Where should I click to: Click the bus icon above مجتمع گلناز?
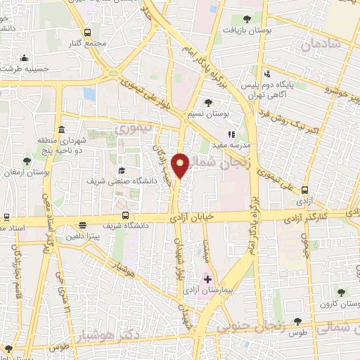(x=87, y=32)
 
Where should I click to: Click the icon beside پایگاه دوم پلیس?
(x=266, y=74)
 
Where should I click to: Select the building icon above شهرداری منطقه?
(x=62, y=131)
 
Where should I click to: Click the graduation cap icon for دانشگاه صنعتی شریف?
(x=121, y=171)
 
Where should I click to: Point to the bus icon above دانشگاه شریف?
(x=125, y=215)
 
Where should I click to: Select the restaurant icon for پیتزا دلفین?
(x=83, y=226)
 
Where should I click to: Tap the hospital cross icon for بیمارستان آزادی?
(x=207, y=279)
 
